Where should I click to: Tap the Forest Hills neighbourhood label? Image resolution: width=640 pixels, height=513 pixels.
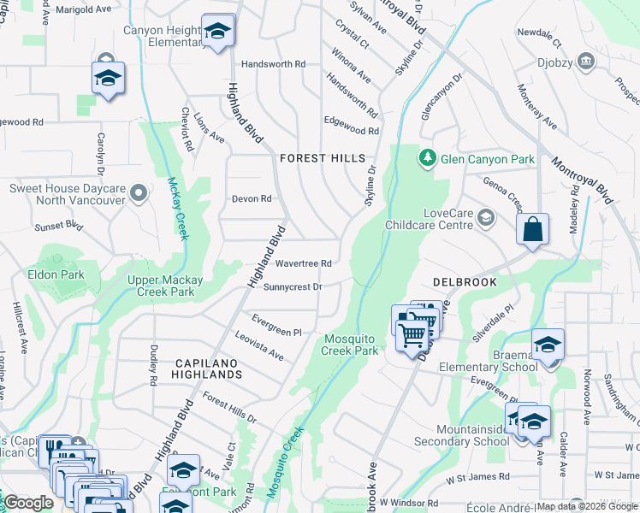pyautogui.click(x=323, y=158)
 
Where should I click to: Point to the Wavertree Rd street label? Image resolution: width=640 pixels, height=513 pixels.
pyautogui.click(x=303, y=263)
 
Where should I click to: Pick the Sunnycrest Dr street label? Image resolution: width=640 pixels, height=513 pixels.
pyautogui.click(x=293, y=287)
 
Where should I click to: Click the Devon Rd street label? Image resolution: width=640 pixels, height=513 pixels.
pyautogui.click(x=252, y=198)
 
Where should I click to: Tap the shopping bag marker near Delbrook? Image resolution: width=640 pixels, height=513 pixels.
pyautogui.click(x=532, y=230)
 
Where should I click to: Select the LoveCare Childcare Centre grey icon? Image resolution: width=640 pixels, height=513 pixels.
pyautogui.click(x=486, y=218)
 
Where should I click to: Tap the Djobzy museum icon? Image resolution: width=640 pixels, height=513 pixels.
pyautogui.click(x=586, y=60)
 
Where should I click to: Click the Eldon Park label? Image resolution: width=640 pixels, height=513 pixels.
pyautogui.click(x=56, y=274)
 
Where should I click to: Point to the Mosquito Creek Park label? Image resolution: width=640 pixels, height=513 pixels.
pyautogui.click(x=350, y=345)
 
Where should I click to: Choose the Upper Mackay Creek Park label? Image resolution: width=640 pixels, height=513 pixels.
pyautogui.click(x=165, y=286)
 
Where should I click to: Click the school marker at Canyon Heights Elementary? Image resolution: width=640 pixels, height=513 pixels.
pyautogui.click(x=218, y=31)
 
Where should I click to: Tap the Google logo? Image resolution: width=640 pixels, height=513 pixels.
pyautogui.click(x=28, y=503)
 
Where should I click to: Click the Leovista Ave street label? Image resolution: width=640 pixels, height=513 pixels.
pyautogui.click(x=258, y=346)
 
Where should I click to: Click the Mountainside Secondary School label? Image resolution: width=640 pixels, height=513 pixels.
pyautogui.click(x=461, y=435)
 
